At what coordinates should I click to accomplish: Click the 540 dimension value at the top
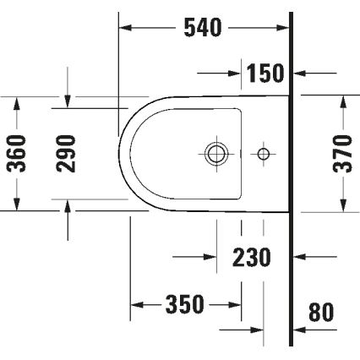203,28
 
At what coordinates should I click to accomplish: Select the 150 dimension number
265,74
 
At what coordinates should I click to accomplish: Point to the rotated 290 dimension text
68,152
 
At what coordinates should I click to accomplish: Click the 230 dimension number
252,256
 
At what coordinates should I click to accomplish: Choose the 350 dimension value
185,304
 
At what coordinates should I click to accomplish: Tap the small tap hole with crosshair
264,154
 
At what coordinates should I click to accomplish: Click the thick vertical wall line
291,211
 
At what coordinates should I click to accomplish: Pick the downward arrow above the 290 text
68,101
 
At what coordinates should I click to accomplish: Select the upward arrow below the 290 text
68,205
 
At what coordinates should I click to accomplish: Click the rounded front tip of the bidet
121,154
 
